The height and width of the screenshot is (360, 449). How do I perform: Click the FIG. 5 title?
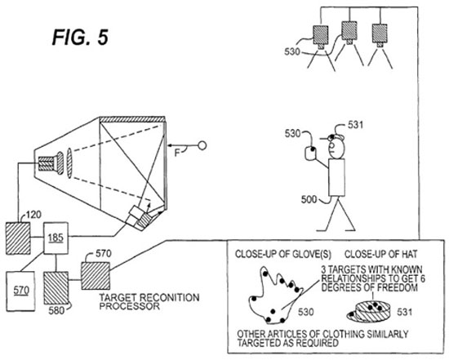pos(80,37)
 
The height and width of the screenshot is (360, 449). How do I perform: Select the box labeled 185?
pos(56,238)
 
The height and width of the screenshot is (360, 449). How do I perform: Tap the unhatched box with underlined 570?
pos(20,291)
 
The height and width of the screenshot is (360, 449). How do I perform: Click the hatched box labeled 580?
pos(56,288)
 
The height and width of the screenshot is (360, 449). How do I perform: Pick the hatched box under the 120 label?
pos(18,238)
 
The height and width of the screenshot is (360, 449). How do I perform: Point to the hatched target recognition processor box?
pos(96,276)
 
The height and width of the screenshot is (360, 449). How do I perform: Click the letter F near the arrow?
pos(177,153)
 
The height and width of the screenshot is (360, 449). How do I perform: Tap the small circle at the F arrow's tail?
pos(202,145)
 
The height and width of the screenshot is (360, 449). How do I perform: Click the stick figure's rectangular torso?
pos(336,178)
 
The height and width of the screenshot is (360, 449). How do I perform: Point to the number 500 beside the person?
pos(309,199)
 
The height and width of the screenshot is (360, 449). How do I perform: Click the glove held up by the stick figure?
pos(310,153)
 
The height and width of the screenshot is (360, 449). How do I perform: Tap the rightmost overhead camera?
pos(380,35)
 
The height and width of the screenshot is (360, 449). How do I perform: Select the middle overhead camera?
pos(349,33)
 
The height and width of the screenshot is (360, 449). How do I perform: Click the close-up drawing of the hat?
pos(369,311)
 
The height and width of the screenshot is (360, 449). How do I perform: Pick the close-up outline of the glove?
pos(275,296)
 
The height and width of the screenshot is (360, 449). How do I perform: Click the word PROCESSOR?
pos(130,306)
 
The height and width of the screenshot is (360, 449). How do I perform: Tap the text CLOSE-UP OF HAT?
pos(381,254)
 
